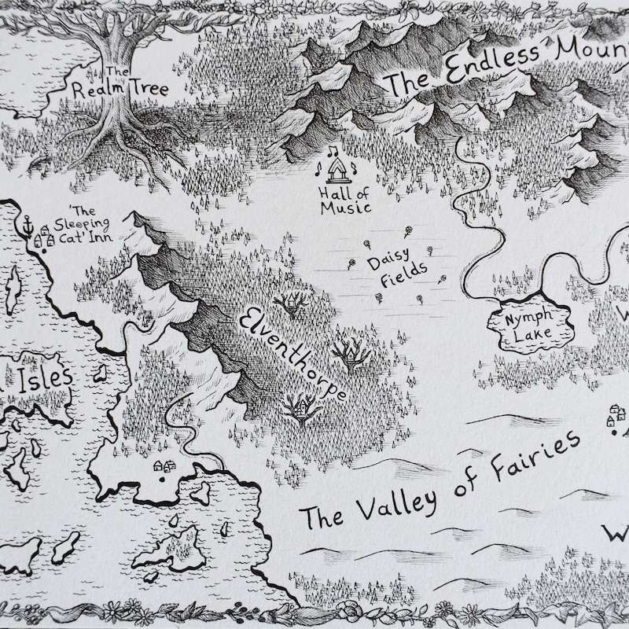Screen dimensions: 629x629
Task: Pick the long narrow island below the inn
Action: pos(13,288)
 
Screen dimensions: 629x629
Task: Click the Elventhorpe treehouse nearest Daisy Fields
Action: pos(292,303)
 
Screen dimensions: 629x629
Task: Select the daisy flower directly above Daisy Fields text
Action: pos(408,230)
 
